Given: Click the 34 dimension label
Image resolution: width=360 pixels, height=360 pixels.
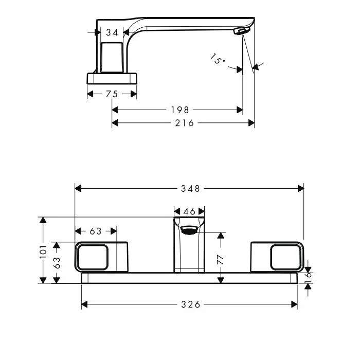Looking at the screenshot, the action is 112,32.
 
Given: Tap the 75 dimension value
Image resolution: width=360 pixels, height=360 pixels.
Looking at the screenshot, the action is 112,94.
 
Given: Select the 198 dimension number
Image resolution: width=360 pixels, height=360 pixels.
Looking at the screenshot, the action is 180,110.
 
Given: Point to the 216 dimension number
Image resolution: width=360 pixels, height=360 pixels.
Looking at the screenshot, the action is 184,123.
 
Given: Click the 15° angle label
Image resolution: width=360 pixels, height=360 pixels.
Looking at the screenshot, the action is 218,59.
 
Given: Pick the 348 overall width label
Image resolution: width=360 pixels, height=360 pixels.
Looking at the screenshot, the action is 191,189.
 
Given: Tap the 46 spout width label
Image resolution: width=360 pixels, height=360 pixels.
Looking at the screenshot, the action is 189,211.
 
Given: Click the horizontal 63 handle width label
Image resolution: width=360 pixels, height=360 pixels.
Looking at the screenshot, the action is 96,231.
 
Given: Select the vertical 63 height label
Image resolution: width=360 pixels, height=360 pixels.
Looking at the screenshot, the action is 57,263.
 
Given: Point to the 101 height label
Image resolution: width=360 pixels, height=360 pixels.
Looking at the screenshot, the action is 43,251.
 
